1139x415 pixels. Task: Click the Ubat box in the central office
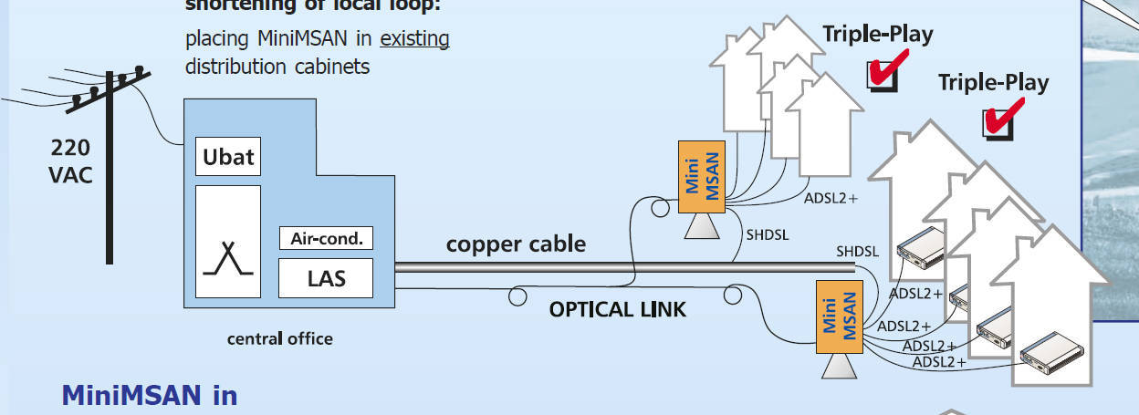[x=228, y=156]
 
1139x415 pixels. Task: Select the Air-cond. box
[x=326, y=239]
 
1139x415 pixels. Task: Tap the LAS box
[x=326, y=277]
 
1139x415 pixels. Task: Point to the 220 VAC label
[x=70, y=161]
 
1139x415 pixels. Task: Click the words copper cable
[x=516, y=244]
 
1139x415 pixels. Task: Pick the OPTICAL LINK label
[x=617, y=309]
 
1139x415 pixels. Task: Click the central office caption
[x=279, y=339]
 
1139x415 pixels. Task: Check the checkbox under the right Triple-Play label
[x=998, y=121]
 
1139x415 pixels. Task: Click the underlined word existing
[x=414, y=39]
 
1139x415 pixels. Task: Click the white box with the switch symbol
[x=228, y=242]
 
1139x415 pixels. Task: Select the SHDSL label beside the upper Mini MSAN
[x=768, y=234]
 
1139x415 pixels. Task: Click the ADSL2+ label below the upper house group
[x=831, y=196]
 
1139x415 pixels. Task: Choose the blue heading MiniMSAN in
[x=149, y=396]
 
